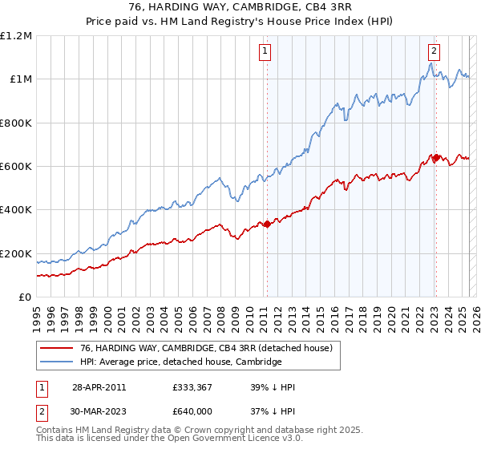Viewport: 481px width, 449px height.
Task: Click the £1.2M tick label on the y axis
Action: (x=17, y=36)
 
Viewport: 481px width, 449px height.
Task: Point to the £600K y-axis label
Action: (x=16, y=167)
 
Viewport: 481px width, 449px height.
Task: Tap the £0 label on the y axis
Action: (x=26, y=297)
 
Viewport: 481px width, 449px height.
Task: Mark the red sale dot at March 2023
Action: (x=435, y=158)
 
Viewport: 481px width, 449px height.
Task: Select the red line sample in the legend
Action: (x=56, y=348)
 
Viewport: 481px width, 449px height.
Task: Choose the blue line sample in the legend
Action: (x=56, y=362)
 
